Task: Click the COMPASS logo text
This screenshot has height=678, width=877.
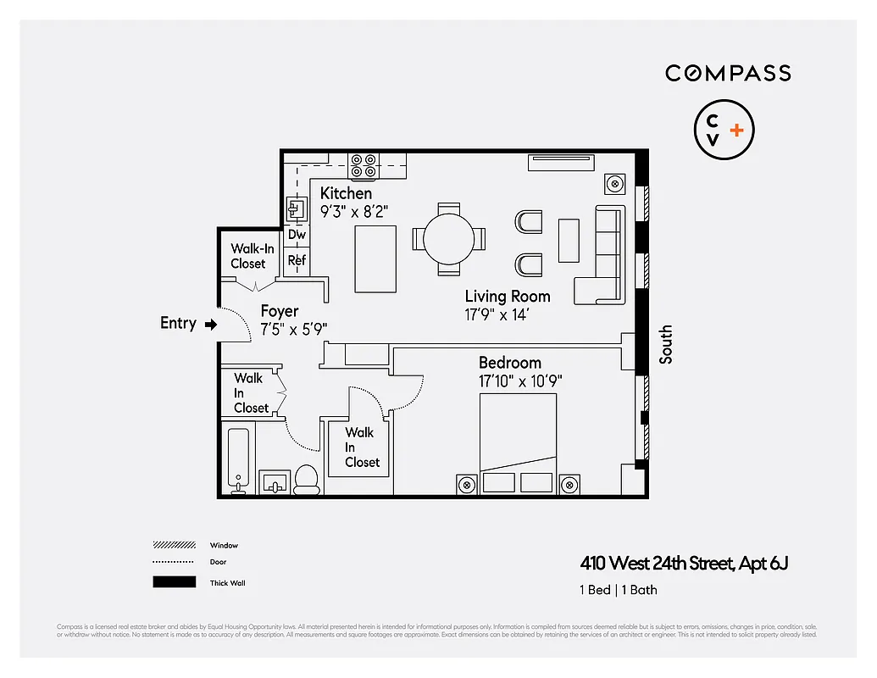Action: click(x=728, y=73)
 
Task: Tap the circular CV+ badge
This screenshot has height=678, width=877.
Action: click(x=724, y=131)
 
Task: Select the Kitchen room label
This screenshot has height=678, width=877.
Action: click(x=346, y=193)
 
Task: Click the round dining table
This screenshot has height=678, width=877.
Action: click(x=450, y=239)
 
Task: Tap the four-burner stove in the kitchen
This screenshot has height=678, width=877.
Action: click(x=364, y=165)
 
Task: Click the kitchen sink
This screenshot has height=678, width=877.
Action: click(x=297, y=208)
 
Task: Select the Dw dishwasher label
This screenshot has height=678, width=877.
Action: click(x=297, y=235)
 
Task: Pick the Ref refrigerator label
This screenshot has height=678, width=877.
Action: click(x=297, y=260)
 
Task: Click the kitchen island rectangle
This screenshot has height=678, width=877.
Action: click(x=373, y=258)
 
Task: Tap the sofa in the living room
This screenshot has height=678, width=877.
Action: click(x=602, y=254)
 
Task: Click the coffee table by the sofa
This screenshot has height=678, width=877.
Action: click(x=569, y=241)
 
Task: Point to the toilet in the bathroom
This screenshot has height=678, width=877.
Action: click(x=306, y=481)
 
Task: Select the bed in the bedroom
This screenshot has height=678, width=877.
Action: click(x=518, y=442)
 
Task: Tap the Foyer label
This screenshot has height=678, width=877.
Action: click(x=279, y=311)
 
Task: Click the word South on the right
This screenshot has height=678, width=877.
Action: click(x=666, y=344)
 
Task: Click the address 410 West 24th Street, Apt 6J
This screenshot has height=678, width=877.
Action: click(x=684, y=563)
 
